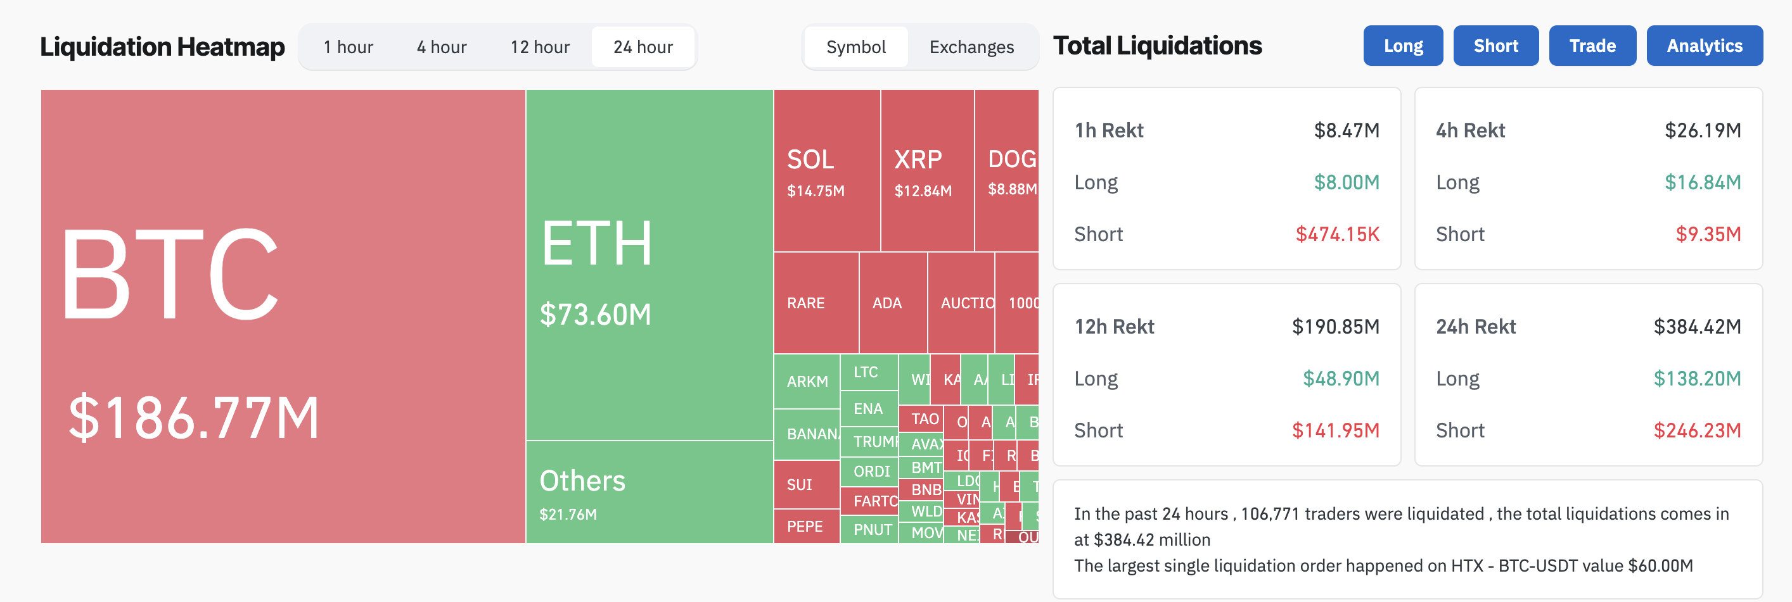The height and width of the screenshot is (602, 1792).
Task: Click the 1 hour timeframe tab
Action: (348, 47)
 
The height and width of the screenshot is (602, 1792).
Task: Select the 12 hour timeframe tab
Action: (540, 47)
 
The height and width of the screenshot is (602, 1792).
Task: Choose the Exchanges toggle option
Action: (971, 47)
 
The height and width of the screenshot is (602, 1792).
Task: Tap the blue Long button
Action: (1402, 46)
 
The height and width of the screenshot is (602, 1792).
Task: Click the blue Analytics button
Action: (1704, 46)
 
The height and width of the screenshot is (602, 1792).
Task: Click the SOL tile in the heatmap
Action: (826, 171)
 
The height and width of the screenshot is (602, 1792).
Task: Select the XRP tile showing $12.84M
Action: (926, 171)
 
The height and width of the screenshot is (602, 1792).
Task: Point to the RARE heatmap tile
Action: (816, 303)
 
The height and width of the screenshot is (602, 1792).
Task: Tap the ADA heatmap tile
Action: (893, 303)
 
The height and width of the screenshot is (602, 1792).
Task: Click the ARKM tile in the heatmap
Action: (807, 382)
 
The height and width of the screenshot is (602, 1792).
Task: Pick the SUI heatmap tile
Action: (805, 484)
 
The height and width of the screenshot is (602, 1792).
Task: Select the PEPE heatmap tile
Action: (805, 526)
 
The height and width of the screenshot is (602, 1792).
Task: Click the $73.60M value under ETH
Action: (596, 315)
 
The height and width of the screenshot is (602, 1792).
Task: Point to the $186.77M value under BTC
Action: (194, 418)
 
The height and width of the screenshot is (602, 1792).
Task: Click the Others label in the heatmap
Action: (582, 481)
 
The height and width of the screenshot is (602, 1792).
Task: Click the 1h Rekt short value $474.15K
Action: (1337, 234)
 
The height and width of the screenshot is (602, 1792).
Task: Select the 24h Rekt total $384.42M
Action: (1697, 327)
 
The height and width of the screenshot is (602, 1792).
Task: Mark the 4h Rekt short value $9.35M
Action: (1708, 234)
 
